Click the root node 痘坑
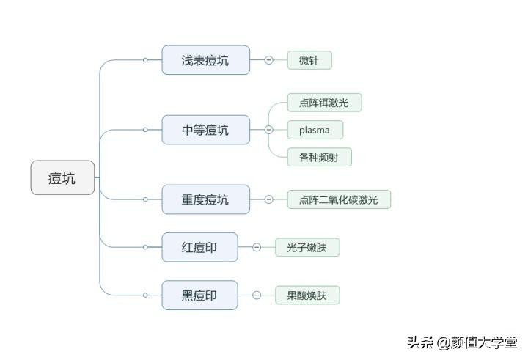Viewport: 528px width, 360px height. (x=62, y=177)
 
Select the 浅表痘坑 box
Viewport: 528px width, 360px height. (x=205, y=60)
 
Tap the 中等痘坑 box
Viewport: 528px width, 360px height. (x=205, y=130)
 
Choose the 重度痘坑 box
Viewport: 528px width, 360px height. (x=205, y=199)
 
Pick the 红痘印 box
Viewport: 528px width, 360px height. (x=199, y=247)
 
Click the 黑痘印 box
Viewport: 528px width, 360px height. (x=199, y=295)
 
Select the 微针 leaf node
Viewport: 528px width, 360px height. (x=309, y=60)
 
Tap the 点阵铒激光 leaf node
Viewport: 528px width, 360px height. (x=324, y=103)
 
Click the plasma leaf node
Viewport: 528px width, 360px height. (x=315, y=131)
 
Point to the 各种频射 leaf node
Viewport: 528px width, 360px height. (x=319, y=157)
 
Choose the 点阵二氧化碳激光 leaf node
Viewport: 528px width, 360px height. (x=338, y=199)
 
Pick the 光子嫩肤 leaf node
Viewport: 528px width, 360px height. (x=307, y=247)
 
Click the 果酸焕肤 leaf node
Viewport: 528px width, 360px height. (x=307, y=295)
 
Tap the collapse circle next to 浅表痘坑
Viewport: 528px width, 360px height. (x=268, y=60)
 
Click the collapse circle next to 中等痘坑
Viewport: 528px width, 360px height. (x=268, y=130)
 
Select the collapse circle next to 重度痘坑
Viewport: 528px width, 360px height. (x=268, y=199)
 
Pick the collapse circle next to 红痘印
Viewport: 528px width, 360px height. (x=257, y=247)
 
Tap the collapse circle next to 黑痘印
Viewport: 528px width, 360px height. (x=257, y=295)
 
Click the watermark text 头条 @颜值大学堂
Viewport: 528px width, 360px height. (x=462, y=342)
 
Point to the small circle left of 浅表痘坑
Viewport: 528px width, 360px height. (x=145, y=60)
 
